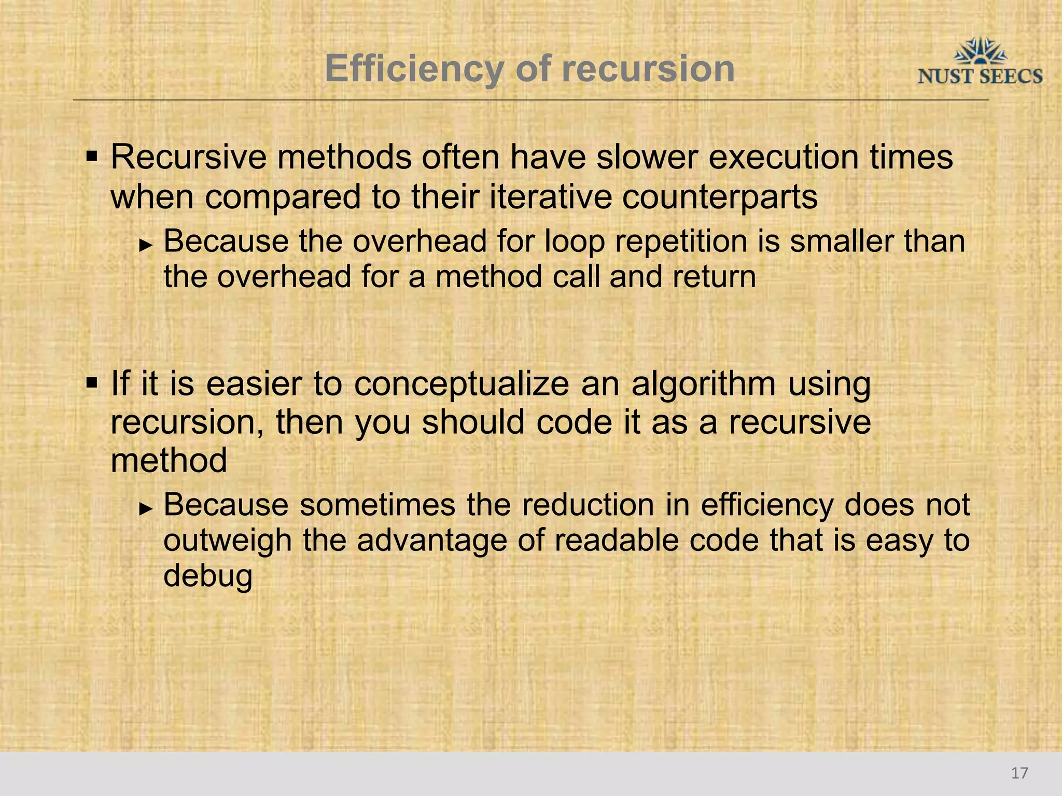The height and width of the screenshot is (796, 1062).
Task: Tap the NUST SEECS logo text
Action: pos(980,77)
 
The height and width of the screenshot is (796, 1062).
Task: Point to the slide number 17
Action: pos(1019,773)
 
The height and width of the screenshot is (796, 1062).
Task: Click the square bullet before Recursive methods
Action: pos(92,156)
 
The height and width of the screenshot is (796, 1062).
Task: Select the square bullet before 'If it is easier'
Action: pos(92,384)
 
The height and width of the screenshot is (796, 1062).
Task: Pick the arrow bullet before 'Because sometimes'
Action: pos(146,508)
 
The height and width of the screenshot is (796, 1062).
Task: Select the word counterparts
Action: pos(720,197)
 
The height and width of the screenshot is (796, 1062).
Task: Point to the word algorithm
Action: pos(703,385)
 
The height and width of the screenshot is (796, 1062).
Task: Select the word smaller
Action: pos(841,241)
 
